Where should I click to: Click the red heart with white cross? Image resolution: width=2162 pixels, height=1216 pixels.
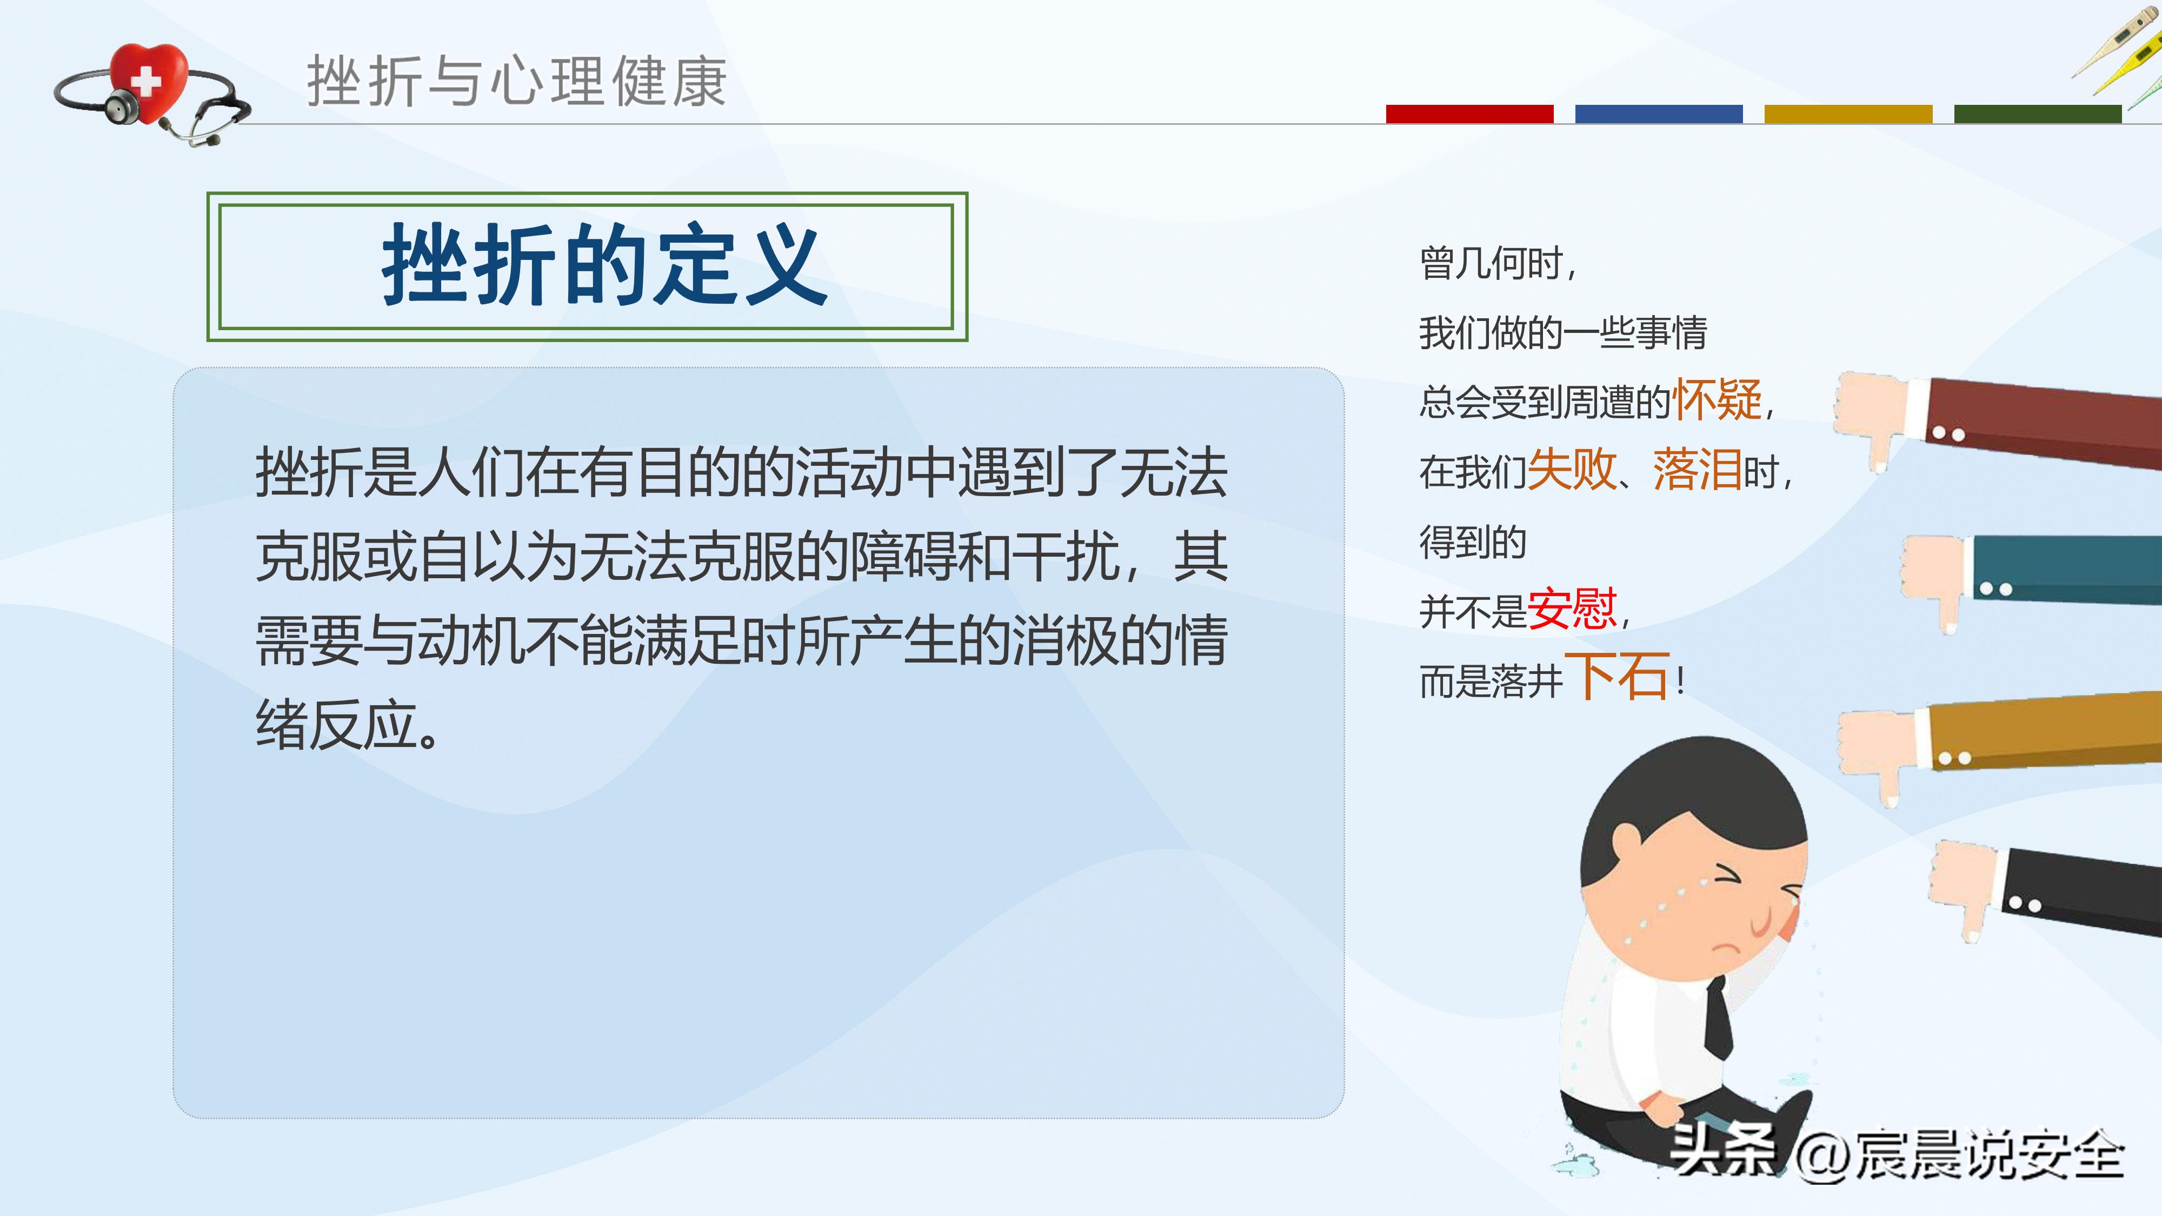tap(149, 82)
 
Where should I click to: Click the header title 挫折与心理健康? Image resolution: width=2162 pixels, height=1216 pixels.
tap(516, 82)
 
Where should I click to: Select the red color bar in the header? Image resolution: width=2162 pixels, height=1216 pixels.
tap(1469, 114)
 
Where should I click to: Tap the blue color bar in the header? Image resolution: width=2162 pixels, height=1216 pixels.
tap(1659, 114)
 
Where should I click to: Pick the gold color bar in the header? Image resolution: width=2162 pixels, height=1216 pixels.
tap(1848, 114)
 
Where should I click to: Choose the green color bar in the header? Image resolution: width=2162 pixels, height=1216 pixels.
tap(2037, 114)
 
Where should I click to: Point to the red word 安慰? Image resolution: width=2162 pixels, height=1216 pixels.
tap(1571, 609)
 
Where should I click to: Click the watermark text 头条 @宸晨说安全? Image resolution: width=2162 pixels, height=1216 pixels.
tap(1897, 1154)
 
